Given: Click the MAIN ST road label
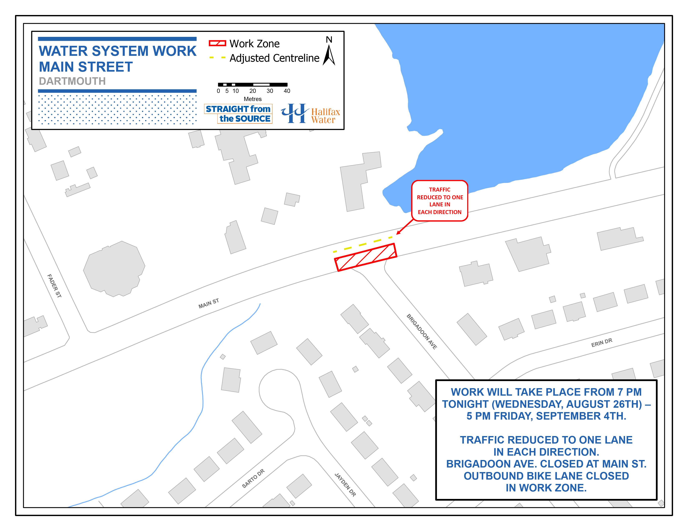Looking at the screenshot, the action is coord(208,304).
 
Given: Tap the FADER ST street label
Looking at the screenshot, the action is coord(54,286).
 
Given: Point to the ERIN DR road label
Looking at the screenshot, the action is coord(602,343).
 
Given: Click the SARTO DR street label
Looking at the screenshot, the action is coord(253,479).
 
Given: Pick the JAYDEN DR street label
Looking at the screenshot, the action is coord(345,485).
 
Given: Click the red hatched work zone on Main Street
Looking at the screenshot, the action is coord(365,257).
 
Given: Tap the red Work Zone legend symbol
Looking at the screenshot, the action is coord(217,43).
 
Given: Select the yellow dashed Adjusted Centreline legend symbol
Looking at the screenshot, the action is coord(217,57).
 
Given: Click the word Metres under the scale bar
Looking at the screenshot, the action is coord(253,99).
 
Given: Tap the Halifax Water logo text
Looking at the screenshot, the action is coord(325,116).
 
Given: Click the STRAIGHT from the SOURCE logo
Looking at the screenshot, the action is coord(238,113).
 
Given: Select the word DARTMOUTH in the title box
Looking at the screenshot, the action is coord(72,81).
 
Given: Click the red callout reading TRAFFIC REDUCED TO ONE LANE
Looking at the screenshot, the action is coord(440,201).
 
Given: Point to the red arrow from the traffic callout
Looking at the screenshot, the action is coord(405,227).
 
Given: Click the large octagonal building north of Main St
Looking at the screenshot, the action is coord(114,269).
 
